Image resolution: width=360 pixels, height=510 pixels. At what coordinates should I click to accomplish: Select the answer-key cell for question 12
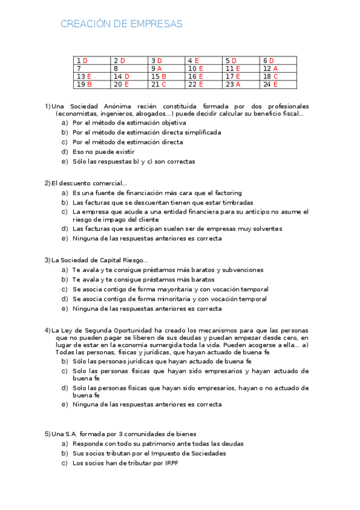point(278,69)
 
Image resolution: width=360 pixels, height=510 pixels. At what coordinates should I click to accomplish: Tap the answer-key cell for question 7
point(92,69)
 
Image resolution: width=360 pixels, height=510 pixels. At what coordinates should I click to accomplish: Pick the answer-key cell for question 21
point(166,84)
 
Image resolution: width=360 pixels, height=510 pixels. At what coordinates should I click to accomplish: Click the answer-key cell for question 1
point(92,61)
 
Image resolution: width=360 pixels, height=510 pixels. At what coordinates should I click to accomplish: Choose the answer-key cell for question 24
point(278,84)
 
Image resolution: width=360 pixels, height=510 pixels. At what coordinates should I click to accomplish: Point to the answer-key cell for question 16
point(204,76)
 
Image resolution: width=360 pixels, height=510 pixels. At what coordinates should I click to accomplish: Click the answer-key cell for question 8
point(129,69)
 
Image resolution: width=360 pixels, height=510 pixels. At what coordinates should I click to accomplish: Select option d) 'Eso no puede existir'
point(103,152)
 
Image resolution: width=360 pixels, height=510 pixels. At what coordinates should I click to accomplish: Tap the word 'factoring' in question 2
point(227,193)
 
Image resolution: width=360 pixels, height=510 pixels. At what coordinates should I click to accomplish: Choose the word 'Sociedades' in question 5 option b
point(206,453)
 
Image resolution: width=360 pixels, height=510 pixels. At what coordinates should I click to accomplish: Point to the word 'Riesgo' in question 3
point(131,260)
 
